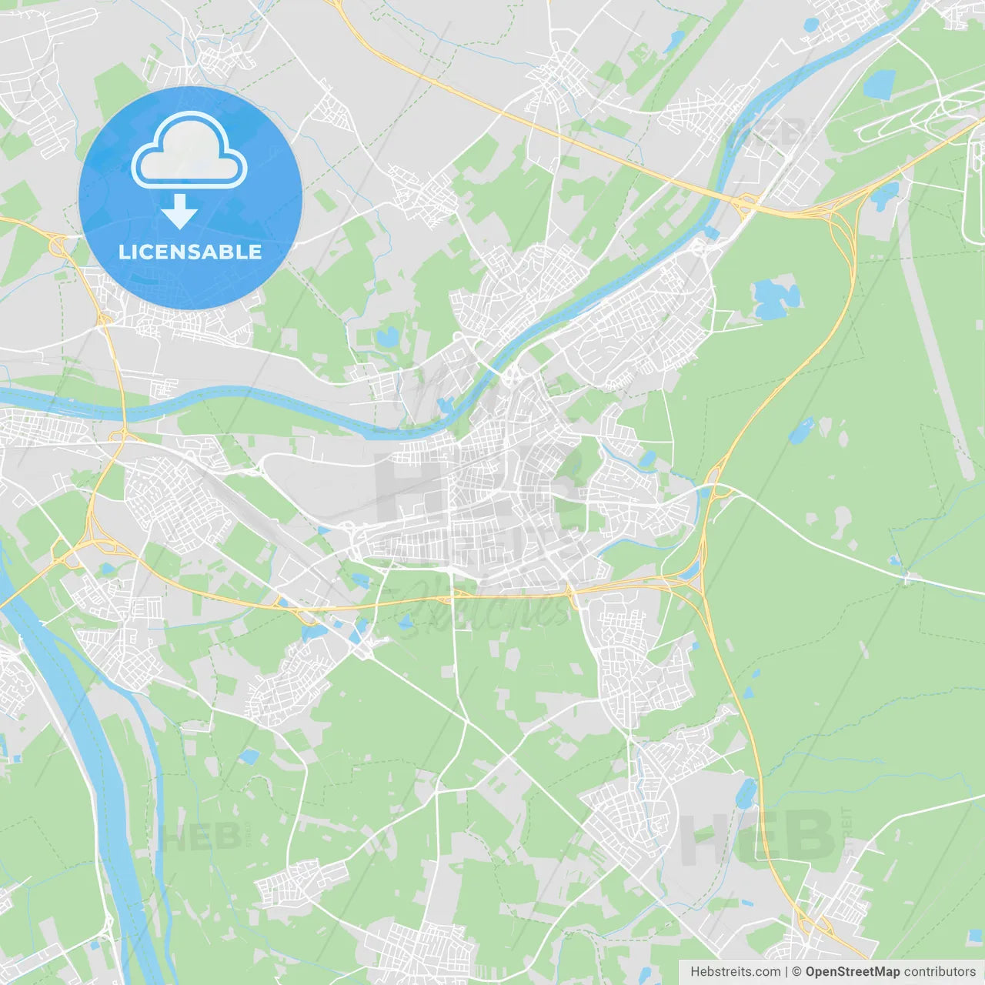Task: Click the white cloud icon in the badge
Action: coord(189,150)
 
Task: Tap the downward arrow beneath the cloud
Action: coord(179,212)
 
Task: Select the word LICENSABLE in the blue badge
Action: coord(190,252)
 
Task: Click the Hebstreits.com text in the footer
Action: coord(735,972)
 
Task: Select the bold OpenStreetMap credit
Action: coord(852,972)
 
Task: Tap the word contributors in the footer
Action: coord(940,972)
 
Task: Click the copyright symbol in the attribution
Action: coord(797,972)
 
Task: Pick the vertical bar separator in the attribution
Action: coord(787,972)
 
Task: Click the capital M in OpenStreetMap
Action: coord(886,972)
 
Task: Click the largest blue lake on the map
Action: coord(776,299)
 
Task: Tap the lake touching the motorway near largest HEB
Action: coord(746,793)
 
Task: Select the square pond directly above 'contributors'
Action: coord(975,935)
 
